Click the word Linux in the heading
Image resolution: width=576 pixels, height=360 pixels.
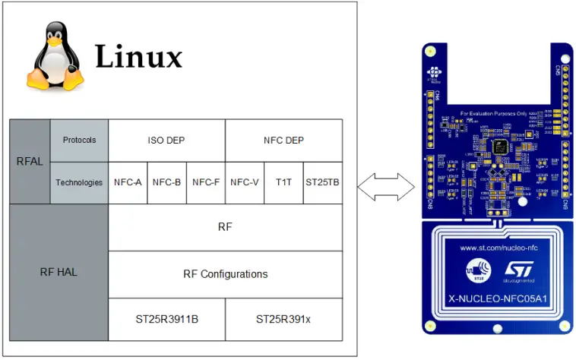[x=139, y=57]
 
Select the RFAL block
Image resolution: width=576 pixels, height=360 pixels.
[x=30, y=161]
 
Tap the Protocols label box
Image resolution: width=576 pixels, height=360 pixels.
[x=79, y=141]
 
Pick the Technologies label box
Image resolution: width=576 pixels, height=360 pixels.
[x=79, y=182]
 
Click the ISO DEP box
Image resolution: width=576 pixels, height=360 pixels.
[x=166, y=141]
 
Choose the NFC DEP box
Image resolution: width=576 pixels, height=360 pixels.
[x=283, y=141]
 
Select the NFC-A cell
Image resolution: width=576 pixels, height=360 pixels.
[x=128, y=182]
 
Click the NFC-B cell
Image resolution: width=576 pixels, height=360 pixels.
[x=166, y=182]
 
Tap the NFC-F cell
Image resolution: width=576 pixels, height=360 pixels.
[x=206, y=182]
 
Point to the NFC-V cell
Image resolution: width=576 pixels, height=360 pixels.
[x=245, y=182]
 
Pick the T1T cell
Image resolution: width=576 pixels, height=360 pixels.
[x=283, y=182]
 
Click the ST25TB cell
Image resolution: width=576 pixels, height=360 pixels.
[x=322, y=182]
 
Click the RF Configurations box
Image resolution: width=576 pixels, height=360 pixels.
[x=225, y=274]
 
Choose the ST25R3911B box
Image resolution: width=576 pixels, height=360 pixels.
[x=166, y=320]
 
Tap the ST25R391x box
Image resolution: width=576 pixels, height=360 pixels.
[x=283, y=320]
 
